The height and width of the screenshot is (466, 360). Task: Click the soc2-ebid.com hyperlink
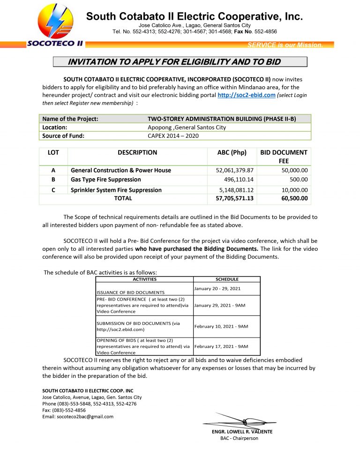tap(246, 95)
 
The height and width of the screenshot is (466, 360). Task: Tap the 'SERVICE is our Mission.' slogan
tap(285, 45)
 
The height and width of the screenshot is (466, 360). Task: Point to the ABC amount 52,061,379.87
tap(232, 170)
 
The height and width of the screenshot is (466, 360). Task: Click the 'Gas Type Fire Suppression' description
tap(105, 179)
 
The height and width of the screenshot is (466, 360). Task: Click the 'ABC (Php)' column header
tap(232, 152)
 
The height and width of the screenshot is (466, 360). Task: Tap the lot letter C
tap(53, 190)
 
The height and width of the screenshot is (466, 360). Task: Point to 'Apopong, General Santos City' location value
tap(187, 127)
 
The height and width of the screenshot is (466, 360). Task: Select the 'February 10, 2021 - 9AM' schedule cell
tap(221, 326)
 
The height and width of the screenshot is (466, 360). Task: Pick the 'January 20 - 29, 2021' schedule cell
tap(217, 288)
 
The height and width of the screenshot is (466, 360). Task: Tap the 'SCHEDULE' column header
tap(227, 279)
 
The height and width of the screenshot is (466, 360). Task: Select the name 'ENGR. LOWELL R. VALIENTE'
tap(242, 431)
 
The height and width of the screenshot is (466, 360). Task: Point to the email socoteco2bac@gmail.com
tap(78, 416)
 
